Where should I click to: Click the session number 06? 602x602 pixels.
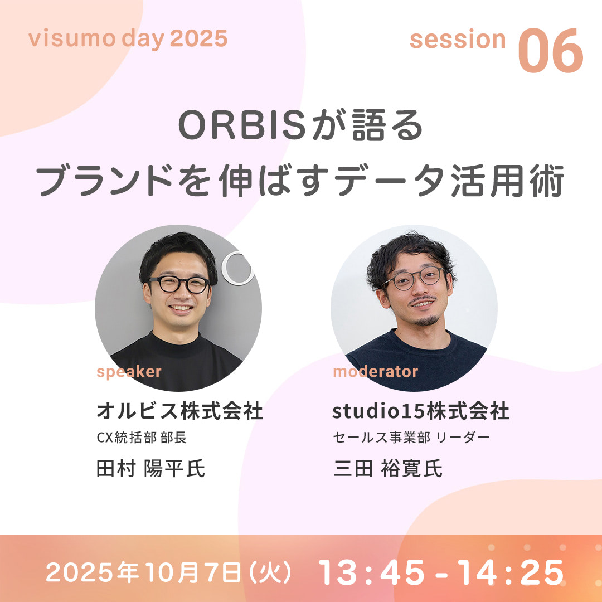[x=551, y=50]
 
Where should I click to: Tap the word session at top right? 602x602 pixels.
[x=458, y=40]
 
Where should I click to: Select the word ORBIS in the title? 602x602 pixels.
[x=242, y=125]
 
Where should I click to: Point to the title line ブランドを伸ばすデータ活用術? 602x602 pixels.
[x=300, y=181]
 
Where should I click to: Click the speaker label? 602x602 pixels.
[x=129, y=372]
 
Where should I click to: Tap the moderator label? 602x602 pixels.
[x=376, y=372]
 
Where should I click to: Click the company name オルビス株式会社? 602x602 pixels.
[x=179, y=410]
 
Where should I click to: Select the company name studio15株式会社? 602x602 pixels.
[x=421, y=411]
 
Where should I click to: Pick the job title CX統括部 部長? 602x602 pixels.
[x=142, y=438]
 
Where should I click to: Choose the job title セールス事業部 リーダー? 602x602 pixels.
[x=411, y=438]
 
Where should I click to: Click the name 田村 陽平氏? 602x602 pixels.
[x=151, y=468]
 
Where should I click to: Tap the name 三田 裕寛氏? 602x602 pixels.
[x=388, y=468]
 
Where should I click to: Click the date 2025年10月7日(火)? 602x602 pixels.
[x=168, y=572]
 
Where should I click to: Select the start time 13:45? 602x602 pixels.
[x=372, y=572]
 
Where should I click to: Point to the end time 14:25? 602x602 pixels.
[x=511, y=572]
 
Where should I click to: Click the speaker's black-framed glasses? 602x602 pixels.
[x=179, y=284]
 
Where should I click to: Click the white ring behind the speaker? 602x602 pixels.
[x=238, y=268]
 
